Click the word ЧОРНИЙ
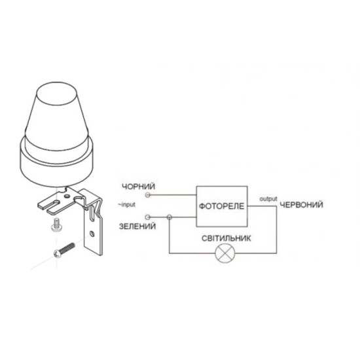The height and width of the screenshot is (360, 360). [139, 187]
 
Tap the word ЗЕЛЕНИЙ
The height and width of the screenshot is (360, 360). [137, 226]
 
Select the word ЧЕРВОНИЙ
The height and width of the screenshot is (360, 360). [301, 205]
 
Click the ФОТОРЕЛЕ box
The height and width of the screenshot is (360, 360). [221, 206]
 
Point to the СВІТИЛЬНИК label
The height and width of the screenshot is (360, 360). [226, 238]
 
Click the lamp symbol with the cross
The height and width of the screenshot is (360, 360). [225, 253]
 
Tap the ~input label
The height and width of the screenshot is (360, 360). [127, 205]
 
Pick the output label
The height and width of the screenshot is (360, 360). [268, 199]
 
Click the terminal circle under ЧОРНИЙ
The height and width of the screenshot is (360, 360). [148, 195]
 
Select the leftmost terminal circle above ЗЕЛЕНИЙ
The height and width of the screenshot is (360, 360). [148, 217]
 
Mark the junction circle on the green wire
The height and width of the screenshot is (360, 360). [170, 217]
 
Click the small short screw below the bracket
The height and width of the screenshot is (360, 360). [54, 225]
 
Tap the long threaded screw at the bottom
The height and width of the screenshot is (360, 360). [64, 250]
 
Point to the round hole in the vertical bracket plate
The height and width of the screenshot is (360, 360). [92, 234]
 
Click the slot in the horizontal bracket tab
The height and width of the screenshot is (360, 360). [54, 204]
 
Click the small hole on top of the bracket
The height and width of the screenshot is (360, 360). [67, 196]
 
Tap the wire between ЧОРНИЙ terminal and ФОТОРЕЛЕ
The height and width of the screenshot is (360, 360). [173, 195]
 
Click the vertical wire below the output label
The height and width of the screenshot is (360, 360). [276, 230]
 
